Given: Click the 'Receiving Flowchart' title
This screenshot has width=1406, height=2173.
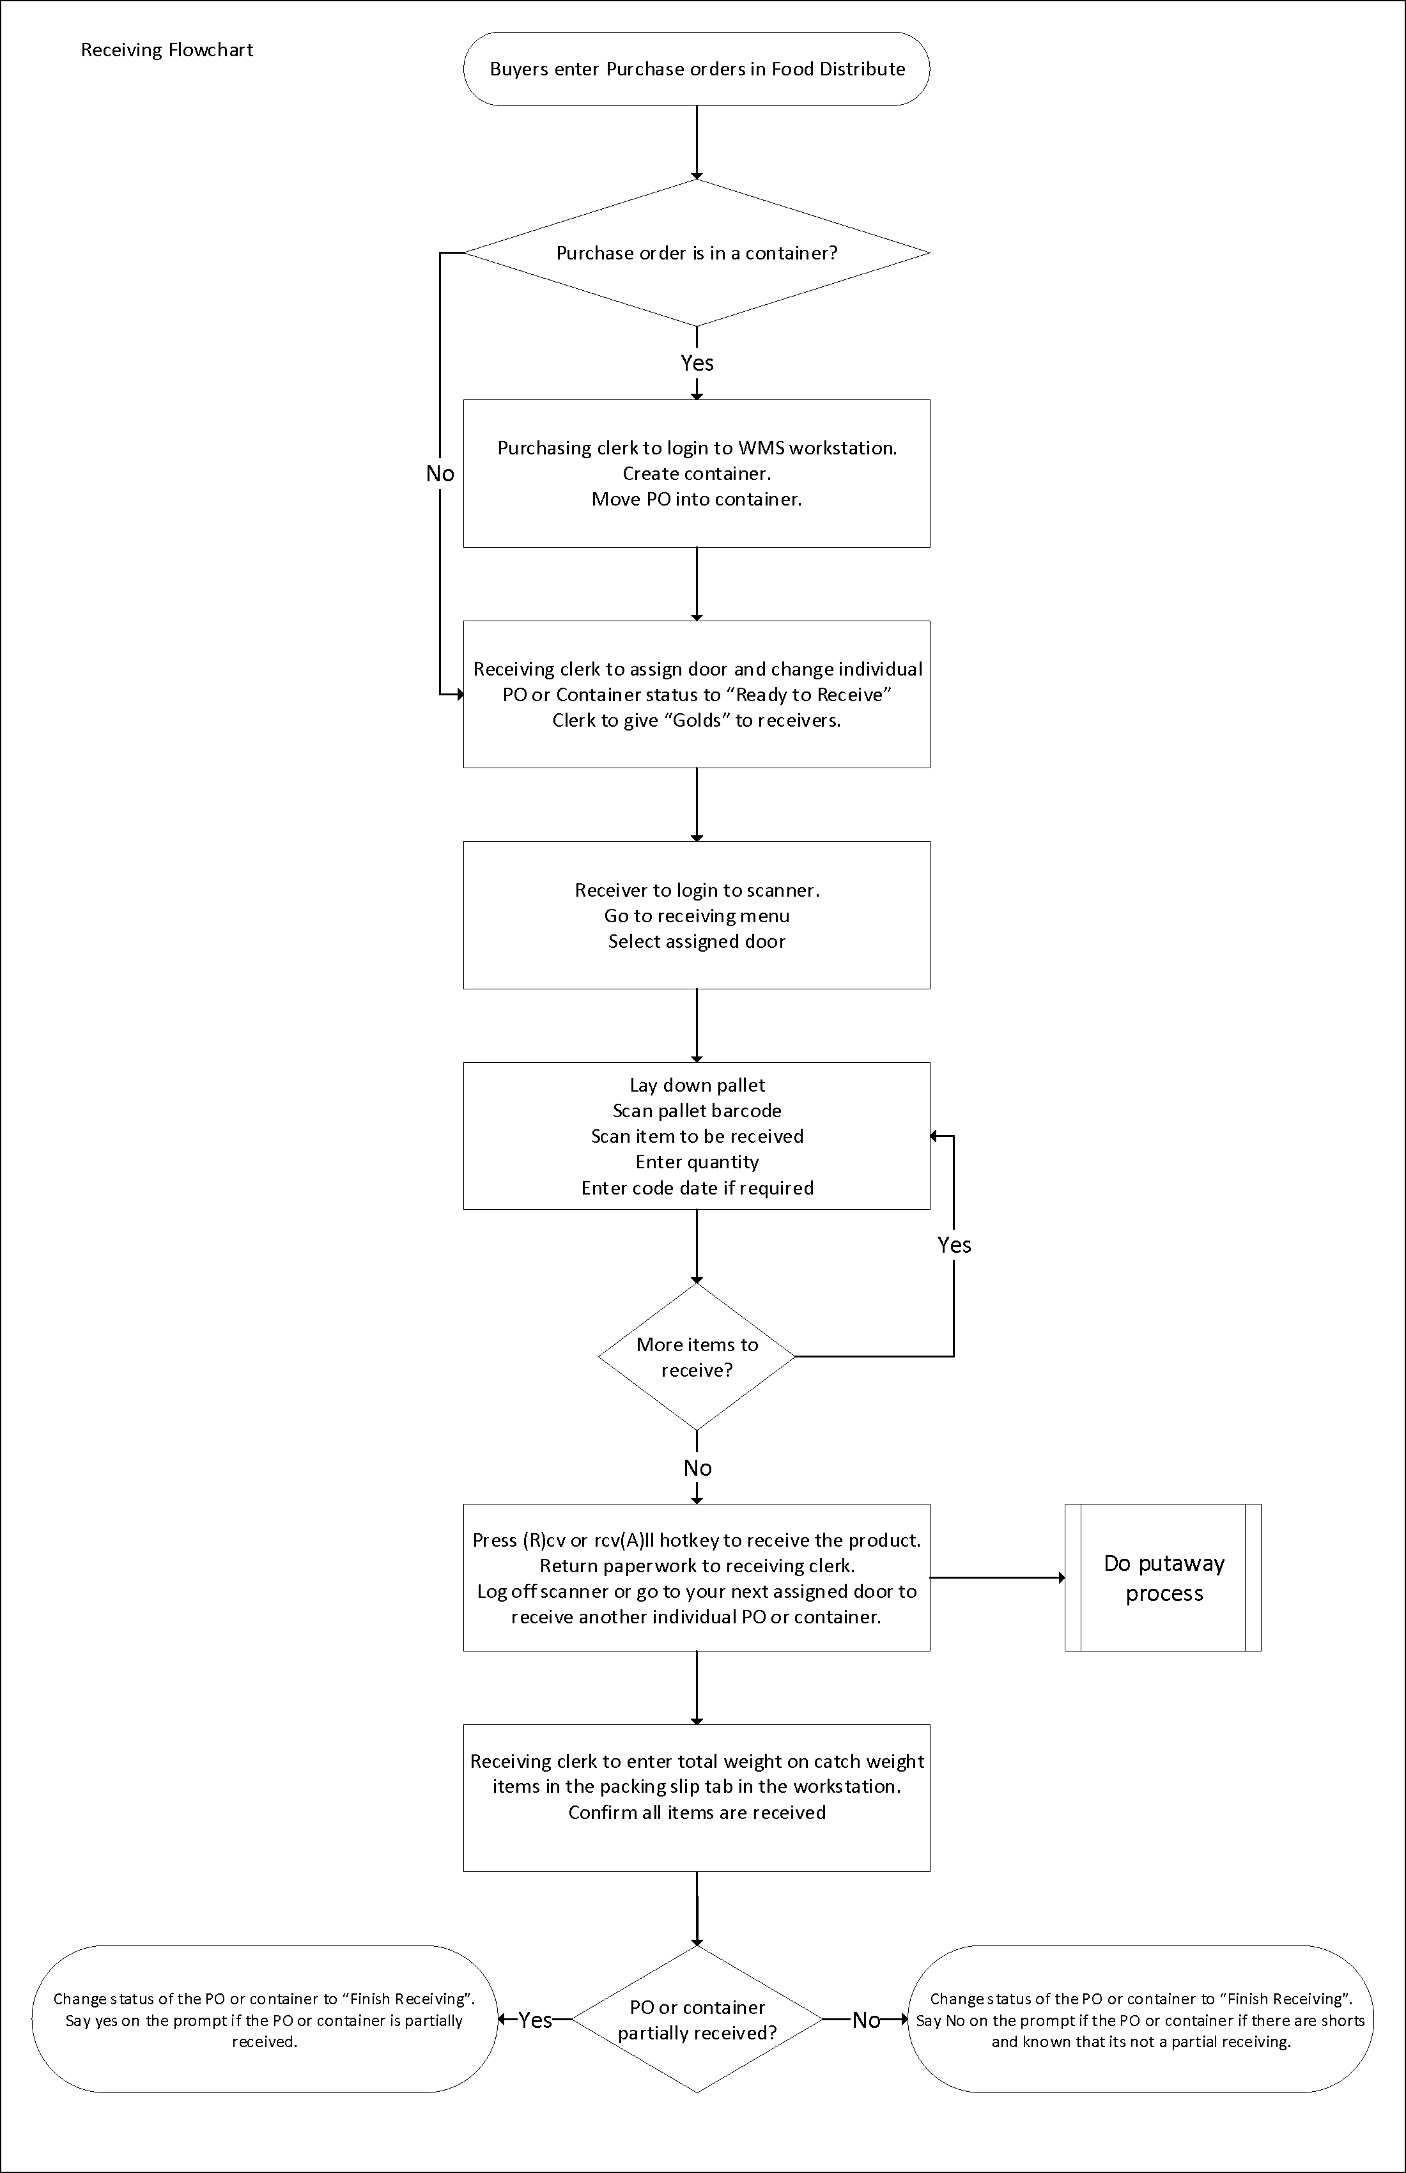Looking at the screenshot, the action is point(167,50).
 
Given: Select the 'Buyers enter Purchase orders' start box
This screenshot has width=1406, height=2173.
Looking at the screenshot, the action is point(697,70).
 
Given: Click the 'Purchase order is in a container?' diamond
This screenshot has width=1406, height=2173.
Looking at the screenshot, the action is point(697,253).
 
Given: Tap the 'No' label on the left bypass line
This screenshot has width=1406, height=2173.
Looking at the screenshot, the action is point(440,473).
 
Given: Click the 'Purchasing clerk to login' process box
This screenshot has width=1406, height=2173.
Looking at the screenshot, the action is point(697,473).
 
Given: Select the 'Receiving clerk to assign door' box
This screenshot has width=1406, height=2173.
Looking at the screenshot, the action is point(697,694).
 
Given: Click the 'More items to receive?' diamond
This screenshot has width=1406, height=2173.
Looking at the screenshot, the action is point(697,1357).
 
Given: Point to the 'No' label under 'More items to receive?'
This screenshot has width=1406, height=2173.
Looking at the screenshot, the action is point(697,1467).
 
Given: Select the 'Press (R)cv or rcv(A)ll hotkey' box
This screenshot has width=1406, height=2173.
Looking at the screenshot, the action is point(697,1578).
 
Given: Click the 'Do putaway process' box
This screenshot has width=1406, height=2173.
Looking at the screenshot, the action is point(1163,1578).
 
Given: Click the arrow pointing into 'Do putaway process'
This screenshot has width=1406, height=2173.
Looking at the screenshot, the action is point(998,1578).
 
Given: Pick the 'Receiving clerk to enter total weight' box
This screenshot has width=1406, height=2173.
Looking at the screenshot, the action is point(697,1798).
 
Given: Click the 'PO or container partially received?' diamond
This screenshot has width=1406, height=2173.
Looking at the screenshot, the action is point(697,2020).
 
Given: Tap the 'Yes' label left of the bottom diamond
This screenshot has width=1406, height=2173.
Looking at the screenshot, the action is point(535,2020).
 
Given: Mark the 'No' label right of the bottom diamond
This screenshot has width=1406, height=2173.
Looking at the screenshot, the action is point(865,2020).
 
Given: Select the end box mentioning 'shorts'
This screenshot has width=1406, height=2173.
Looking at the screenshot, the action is point(1140,2020).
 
